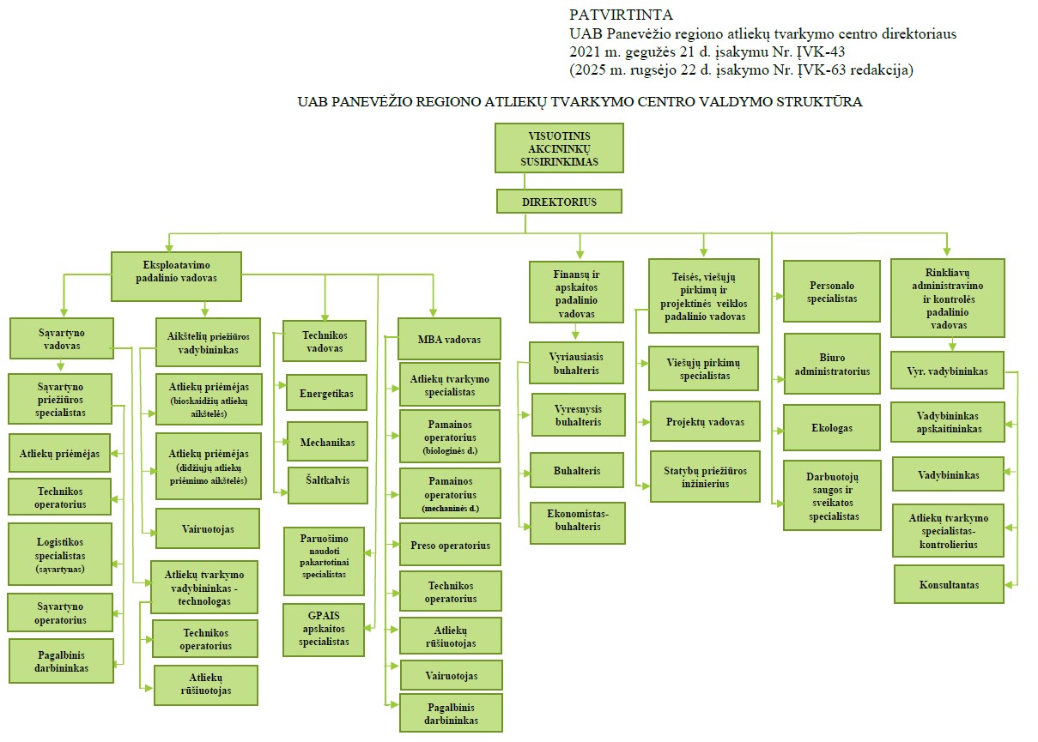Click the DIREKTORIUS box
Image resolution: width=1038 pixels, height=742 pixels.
pos(558,202)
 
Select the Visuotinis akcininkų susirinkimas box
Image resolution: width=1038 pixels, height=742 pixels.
pos(559,148)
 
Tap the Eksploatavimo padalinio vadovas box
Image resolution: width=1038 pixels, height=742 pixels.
pos(176,276)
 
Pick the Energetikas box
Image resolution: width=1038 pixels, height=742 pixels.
pos(326,393)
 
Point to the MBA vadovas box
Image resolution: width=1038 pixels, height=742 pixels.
pos(450,340)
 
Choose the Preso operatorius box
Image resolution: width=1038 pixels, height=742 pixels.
pos(450,545)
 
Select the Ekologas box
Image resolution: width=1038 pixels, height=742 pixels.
pos(832,427)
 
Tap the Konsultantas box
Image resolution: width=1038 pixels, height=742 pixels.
pos(949,584)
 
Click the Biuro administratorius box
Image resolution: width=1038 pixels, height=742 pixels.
pos(832,364)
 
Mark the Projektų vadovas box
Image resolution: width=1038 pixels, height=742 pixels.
pos(705,422)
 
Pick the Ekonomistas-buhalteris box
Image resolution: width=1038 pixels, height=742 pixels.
pos(577,523)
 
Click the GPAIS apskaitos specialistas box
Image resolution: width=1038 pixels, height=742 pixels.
pos(324,629)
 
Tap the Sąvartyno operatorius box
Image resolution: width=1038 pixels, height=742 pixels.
pos(60,612)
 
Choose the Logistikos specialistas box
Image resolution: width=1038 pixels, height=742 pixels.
pos(60,554)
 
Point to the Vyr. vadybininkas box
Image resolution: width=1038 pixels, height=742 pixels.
pos(947,371)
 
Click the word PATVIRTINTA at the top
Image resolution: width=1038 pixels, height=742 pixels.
pos(622,15)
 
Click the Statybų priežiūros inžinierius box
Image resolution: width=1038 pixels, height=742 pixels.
pos(705,477)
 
